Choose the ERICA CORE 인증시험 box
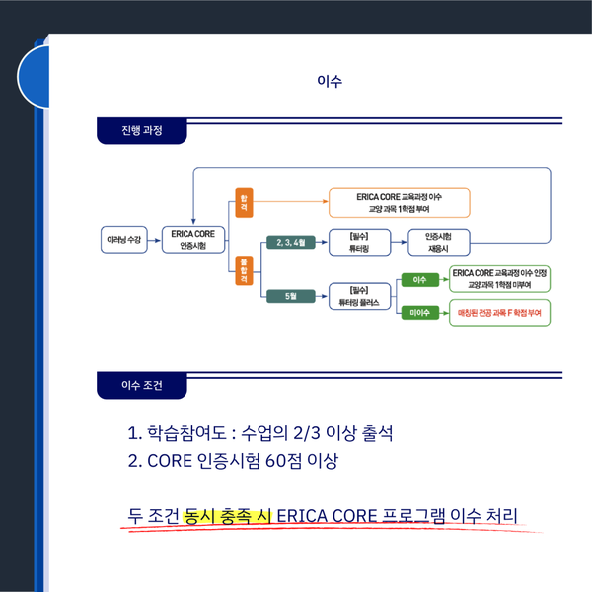tap(193, 240)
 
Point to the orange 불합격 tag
tap(243, 268)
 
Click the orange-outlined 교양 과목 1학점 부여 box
tap(399, 202)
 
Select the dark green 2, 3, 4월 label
tap(291, 241)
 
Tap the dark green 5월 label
tap(291, 295)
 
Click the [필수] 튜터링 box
tap(358, 241)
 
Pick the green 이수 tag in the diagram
tap(418, 280)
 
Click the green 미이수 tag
tap(418, 313)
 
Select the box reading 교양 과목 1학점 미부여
tap(499, 278)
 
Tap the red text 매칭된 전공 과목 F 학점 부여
tap(499, 313)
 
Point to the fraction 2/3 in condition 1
tap(300, 433)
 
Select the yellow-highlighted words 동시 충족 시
tap(229, 516)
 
